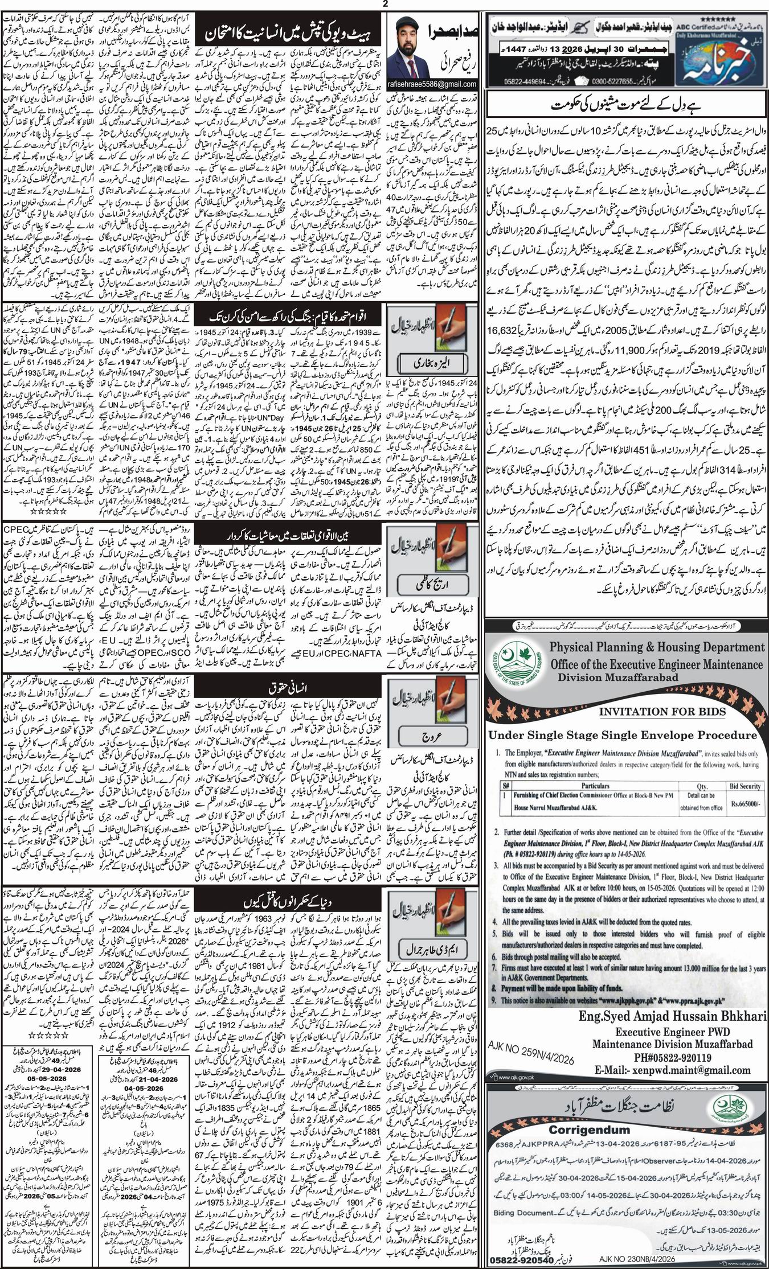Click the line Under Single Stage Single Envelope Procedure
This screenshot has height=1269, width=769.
[x=623, y=734]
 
